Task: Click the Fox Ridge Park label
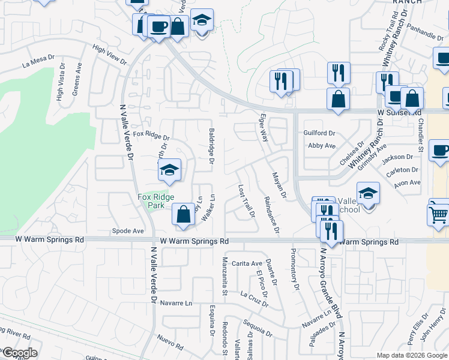coord(155,200)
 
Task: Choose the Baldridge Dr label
coord(211,146)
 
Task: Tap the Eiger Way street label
coord(263,127)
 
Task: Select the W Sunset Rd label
coord(399,112)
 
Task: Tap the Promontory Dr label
coord(295,269)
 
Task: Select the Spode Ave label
coord(128,230)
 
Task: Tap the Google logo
coord(19,353)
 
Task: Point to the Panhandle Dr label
coord(424,31)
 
